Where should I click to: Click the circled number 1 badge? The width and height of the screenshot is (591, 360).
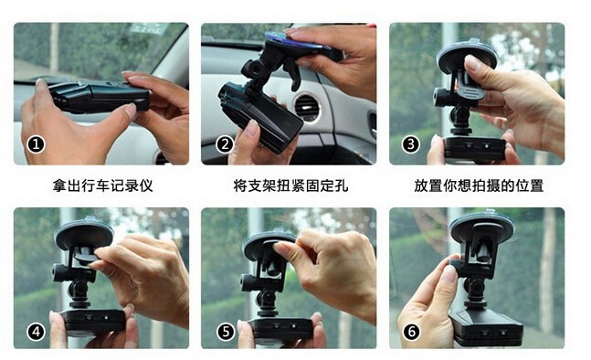pyautogui.click(x=36, y=144)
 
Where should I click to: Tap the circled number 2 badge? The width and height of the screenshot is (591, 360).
pyautogui.click(x=225, y=144)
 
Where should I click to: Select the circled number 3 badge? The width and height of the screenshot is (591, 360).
pyautogui.click(x=410, y=144)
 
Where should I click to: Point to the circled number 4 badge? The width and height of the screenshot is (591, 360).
pyautogui.click(x=36, y=332)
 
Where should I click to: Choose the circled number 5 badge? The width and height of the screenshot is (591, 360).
pyautogui.click(x=226, y=332)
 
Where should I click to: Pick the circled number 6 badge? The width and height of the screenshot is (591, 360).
pyautogui.click(x=411, y=332)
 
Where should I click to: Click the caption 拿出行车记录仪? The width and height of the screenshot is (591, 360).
pyautogui.click(x=103, y=185)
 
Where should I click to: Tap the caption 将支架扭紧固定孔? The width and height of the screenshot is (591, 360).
pyautogui.click(x=290, y=185)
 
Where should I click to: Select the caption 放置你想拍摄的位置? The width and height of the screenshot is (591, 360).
pyautogui.click(x=479, y=185)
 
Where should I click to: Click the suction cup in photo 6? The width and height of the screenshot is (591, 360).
pyautogui.click(x=482, y=228)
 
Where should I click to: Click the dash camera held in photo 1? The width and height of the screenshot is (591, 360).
pyautogui.click(x=99, y=96)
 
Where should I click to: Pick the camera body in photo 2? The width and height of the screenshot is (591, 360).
pyautogui.click(x=260, y=117)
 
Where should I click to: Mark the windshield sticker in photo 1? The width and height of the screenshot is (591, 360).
pyautogui.click(x=148, y=28)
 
